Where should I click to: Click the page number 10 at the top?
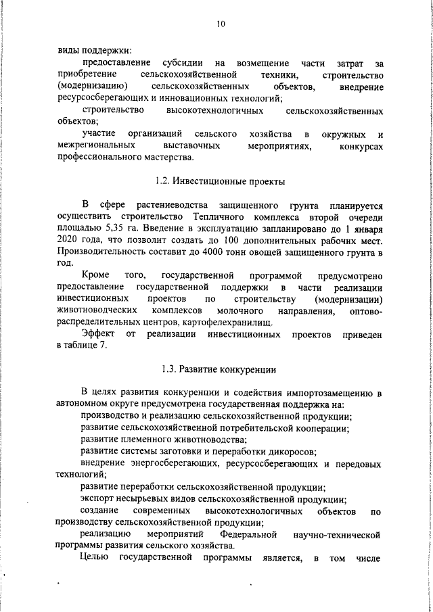(220, 25)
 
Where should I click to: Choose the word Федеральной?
(250, 535)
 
